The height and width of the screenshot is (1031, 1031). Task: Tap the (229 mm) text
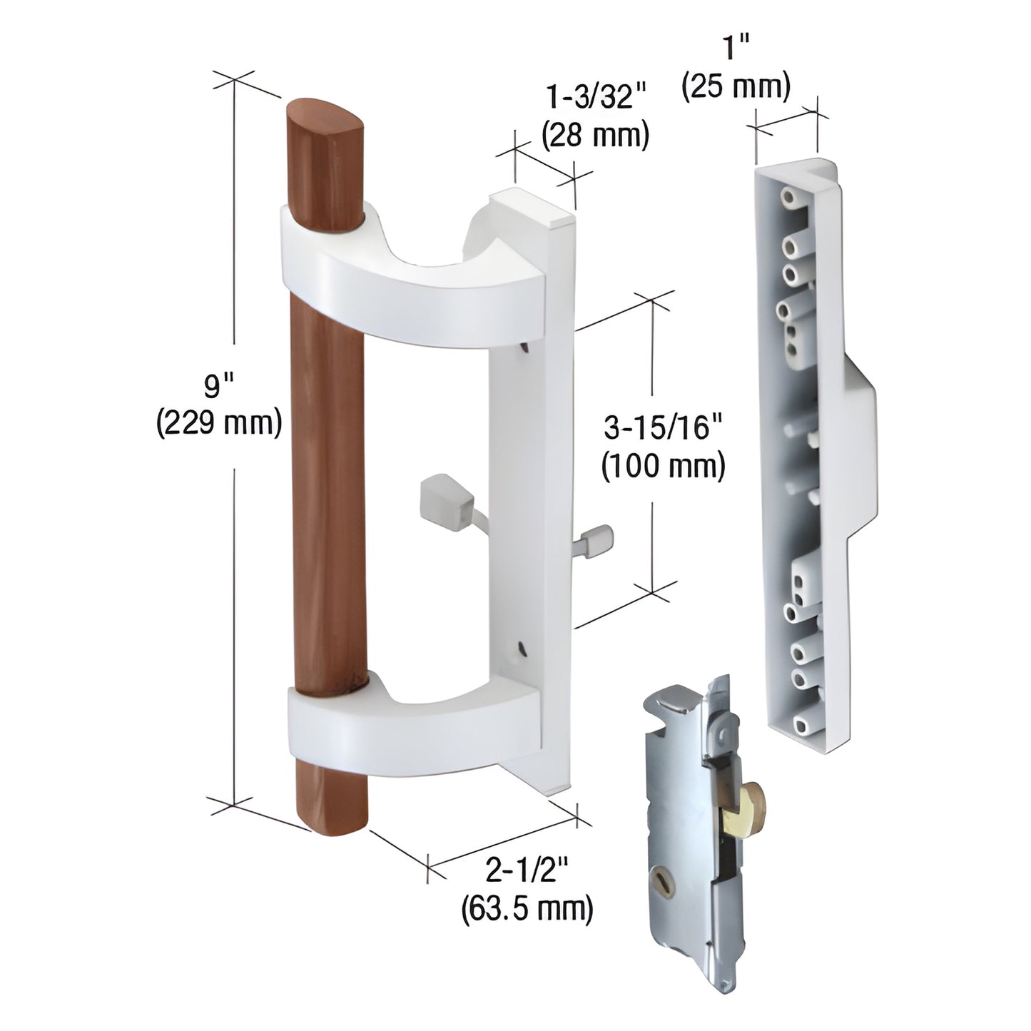coord(219,424)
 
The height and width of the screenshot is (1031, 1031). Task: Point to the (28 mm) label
coord(596,136)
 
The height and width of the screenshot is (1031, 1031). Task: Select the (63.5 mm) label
coord(527,908)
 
